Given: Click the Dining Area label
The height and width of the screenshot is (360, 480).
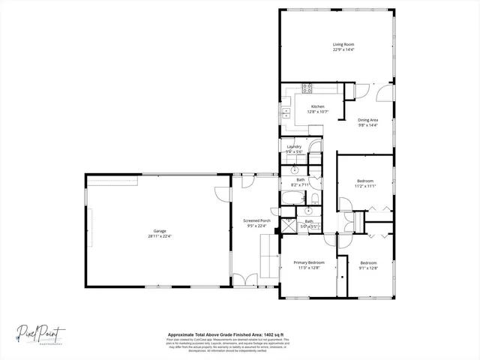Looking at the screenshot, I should click(367, 119).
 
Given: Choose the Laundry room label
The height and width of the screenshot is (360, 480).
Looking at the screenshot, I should click(294, 146).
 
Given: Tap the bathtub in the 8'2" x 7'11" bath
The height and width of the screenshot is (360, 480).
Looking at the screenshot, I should click(292, 199).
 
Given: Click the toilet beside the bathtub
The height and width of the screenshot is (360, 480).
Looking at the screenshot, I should click(315, 198).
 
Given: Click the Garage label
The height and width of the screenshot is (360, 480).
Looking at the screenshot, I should click(160, 230).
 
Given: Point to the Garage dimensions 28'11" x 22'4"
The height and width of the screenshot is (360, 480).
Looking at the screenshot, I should click(160, 235).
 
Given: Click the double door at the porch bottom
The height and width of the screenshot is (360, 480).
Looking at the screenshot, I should click(244, 280).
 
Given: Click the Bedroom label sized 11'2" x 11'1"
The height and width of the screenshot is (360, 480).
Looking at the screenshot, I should click(365, 181).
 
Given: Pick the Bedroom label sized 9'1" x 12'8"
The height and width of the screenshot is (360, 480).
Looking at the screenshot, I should click(368, 262).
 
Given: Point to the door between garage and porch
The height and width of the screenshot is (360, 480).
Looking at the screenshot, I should click(221, 192).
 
